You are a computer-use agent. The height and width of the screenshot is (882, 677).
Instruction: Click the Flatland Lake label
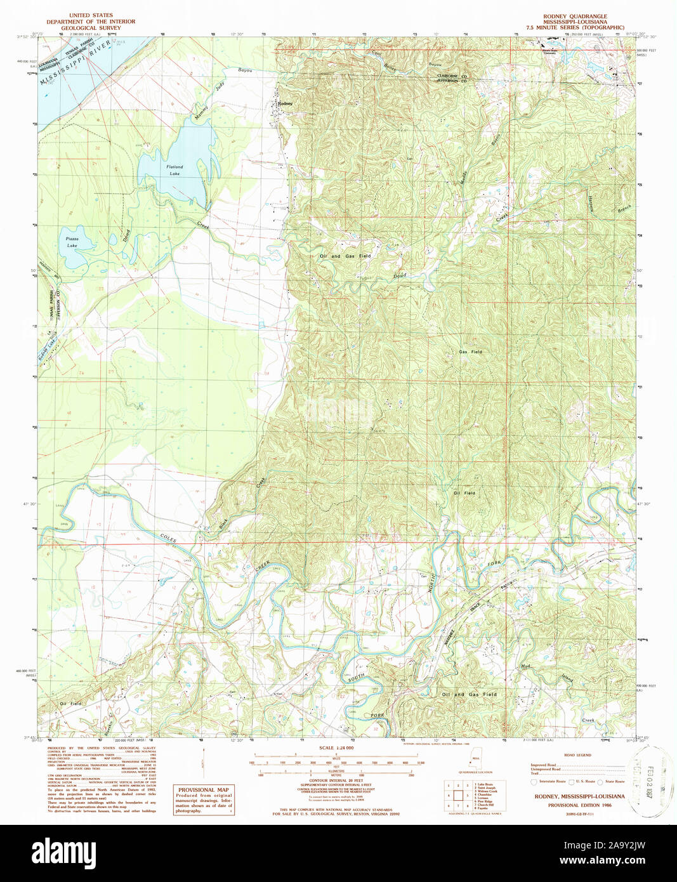coord(174,169)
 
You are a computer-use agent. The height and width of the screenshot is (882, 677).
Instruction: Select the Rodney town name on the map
coord(285,103)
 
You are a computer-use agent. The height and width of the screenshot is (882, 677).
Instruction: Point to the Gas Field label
coord(470,352)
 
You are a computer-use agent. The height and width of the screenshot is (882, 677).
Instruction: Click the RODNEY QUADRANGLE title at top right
coord(574,16)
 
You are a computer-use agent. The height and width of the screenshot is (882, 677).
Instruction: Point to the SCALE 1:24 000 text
coord(336,749)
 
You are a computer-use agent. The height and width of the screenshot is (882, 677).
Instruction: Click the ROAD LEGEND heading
coord(577,755)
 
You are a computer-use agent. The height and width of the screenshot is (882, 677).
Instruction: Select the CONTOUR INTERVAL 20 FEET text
coord(336,780)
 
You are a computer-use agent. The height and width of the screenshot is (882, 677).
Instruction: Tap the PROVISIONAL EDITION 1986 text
coord(579,805)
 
